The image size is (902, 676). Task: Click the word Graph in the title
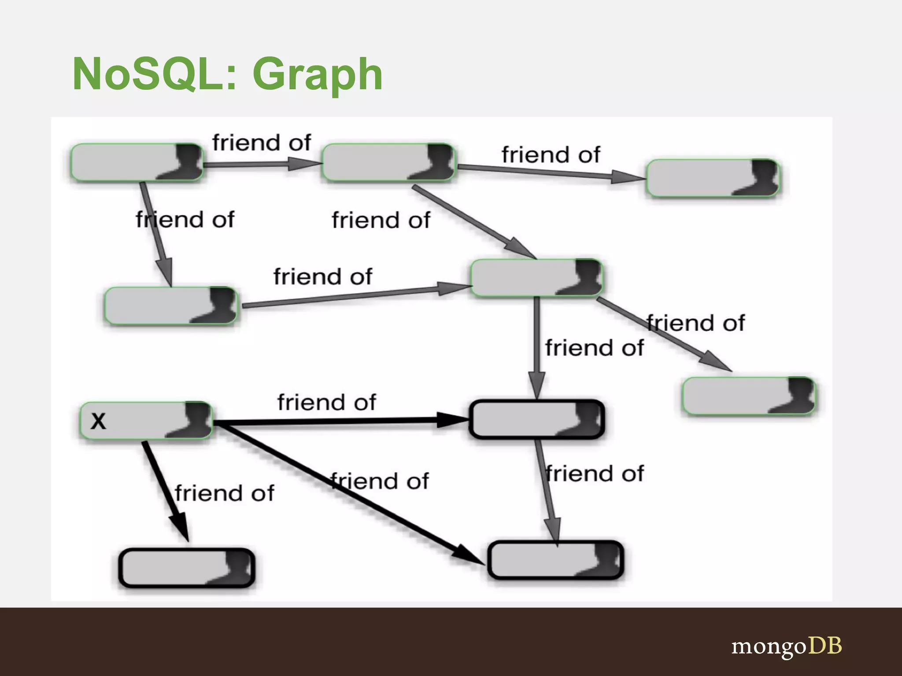coord(317,75)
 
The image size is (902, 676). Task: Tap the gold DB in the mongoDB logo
coord(825,646)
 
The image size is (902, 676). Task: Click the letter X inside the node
coord(98,421)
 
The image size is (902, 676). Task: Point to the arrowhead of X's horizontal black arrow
coord(454,419)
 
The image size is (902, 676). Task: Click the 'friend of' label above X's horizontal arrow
coord(326,402)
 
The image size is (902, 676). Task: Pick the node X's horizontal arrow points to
coord(536,419)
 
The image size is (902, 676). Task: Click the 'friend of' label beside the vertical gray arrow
coord(594,348)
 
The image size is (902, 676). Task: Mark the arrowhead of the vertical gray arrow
coord(537,385)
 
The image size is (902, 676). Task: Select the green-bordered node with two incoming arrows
coord(536,278)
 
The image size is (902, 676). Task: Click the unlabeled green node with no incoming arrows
coord(137,162)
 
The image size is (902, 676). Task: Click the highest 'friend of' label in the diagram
coord(262,143)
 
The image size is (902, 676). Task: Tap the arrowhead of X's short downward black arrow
coord(181,528)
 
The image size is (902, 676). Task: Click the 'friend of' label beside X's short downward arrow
coord(224,493)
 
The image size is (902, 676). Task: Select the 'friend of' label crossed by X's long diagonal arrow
coord(380,481)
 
